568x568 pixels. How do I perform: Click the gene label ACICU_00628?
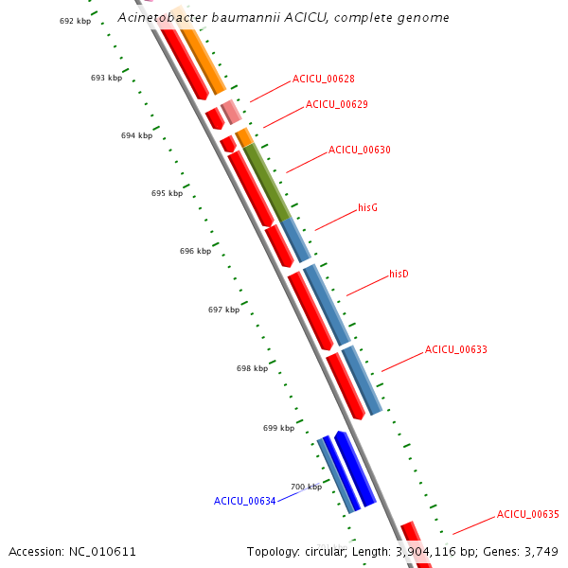(323, 79)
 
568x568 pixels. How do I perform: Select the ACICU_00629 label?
(336, 105)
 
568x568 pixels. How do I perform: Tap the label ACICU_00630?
(360, 150)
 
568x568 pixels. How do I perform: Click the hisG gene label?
(367, 207)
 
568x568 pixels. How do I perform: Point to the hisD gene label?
(399, 274)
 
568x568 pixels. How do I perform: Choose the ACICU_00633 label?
(455, 349)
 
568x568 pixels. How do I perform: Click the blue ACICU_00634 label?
(244, 501)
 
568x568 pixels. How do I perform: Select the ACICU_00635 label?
(527, 514)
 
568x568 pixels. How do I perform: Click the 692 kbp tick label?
(75, 21)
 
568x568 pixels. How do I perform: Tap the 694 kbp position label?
(136, 135)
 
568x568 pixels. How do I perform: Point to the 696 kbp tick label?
(195, 251)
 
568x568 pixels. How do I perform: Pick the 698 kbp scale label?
(252, 368)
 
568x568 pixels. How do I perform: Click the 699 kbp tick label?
(278, 428)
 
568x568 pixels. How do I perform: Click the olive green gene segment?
(267, 182)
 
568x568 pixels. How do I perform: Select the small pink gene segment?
(231, 112)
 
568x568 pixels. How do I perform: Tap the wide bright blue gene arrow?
(355, 469)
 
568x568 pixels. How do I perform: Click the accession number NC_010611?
(102, 552)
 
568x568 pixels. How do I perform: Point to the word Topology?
(274, 552)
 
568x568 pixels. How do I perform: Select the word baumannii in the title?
(245, 17)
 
